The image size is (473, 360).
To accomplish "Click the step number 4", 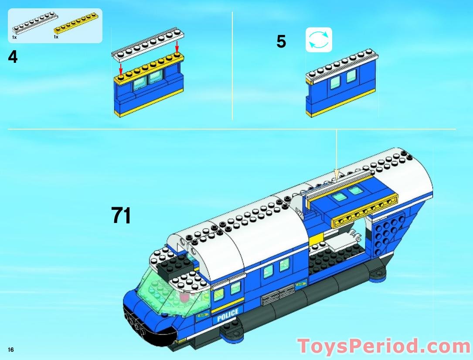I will [13, 57].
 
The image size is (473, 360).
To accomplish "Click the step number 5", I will [281, 42].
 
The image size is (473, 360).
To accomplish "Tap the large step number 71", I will [121, 215].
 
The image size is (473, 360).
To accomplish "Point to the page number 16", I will [10, 350].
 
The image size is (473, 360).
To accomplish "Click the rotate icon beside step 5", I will [319, 40].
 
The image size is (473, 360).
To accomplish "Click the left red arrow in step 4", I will [121, 68].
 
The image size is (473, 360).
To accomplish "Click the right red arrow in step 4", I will [177, 46].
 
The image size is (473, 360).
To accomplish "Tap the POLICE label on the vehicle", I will [228, 315].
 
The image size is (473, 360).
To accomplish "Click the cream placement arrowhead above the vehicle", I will [336, 175].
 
